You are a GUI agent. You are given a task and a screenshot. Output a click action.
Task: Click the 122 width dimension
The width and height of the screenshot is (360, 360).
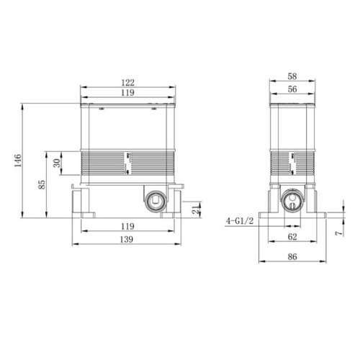click(x=129, y=83)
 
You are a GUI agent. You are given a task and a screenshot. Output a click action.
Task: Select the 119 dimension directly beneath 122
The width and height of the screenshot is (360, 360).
click(x=129, y=94)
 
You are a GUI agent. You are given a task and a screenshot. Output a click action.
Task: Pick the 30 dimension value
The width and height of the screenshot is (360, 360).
click(x=58, y=163)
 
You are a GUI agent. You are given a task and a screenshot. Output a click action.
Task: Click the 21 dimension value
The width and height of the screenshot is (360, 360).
click(x=196, y=210)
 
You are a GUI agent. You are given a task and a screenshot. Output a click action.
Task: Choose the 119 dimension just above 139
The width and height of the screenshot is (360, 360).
click(x=129, y=225)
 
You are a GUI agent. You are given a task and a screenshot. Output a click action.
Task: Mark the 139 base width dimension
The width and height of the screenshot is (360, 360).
click(x=129, y=238)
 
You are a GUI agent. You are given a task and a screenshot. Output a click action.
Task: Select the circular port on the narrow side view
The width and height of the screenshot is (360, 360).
click(x=292, y=202)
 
